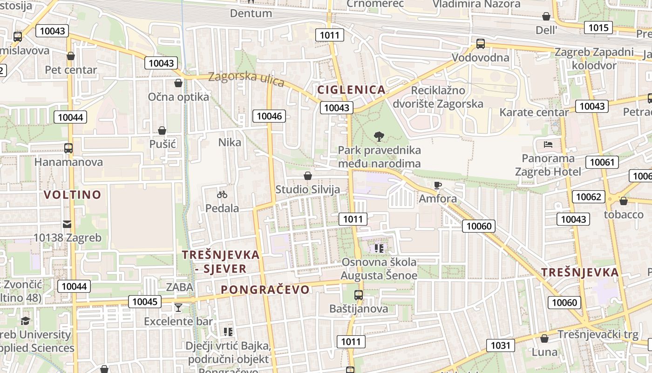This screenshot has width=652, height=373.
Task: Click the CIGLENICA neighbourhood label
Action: coord(351,90)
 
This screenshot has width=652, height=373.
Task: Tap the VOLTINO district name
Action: coord(72,194)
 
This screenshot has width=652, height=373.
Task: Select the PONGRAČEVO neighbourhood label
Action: coord(265,290)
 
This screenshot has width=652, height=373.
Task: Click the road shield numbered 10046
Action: coord(269,116)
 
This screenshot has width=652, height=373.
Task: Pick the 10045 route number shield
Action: coord(145,302)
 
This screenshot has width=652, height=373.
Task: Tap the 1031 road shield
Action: coord(501,345)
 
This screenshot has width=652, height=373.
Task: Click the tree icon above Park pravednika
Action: coord(379,137)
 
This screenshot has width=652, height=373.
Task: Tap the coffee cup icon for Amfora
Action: coord(437,186)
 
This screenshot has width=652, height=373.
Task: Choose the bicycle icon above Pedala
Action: coord(222,194)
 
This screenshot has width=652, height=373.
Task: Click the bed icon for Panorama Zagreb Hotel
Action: coord(548,144)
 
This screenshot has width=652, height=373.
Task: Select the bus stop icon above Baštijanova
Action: coord(358,295)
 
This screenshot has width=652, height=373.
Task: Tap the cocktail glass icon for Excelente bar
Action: coord(178,307)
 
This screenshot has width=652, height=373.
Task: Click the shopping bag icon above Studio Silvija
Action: coord(307,176)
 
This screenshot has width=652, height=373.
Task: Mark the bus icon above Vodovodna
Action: coord(480,44)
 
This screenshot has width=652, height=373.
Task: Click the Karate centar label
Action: coord(534,112)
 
